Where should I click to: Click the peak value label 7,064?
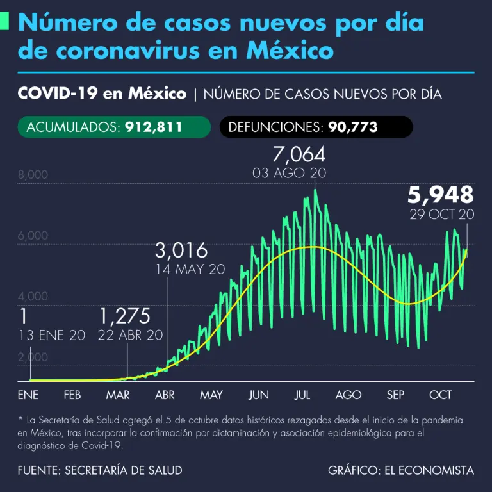(x=299, y=154)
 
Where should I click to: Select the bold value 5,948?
(x=441, y=194)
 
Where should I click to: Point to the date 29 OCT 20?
(x=442, y=214)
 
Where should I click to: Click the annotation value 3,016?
(x=181, y=250)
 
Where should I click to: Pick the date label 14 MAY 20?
(x=190, y=269)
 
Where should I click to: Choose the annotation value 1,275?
(x=125, y=316)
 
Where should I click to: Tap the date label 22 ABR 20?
(x=131, y=334)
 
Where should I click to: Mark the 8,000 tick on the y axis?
(x=33, y=175)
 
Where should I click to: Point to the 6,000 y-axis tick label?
(x=33, y=236)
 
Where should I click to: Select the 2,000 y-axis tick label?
(x=33, y=357)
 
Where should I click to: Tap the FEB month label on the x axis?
(x=72, y=395)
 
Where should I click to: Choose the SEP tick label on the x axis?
(x=395, y=395)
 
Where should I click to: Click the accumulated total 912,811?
(x=151, y=127)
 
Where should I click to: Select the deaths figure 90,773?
(x=353, y=127)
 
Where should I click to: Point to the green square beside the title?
(x=4, y=21)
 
